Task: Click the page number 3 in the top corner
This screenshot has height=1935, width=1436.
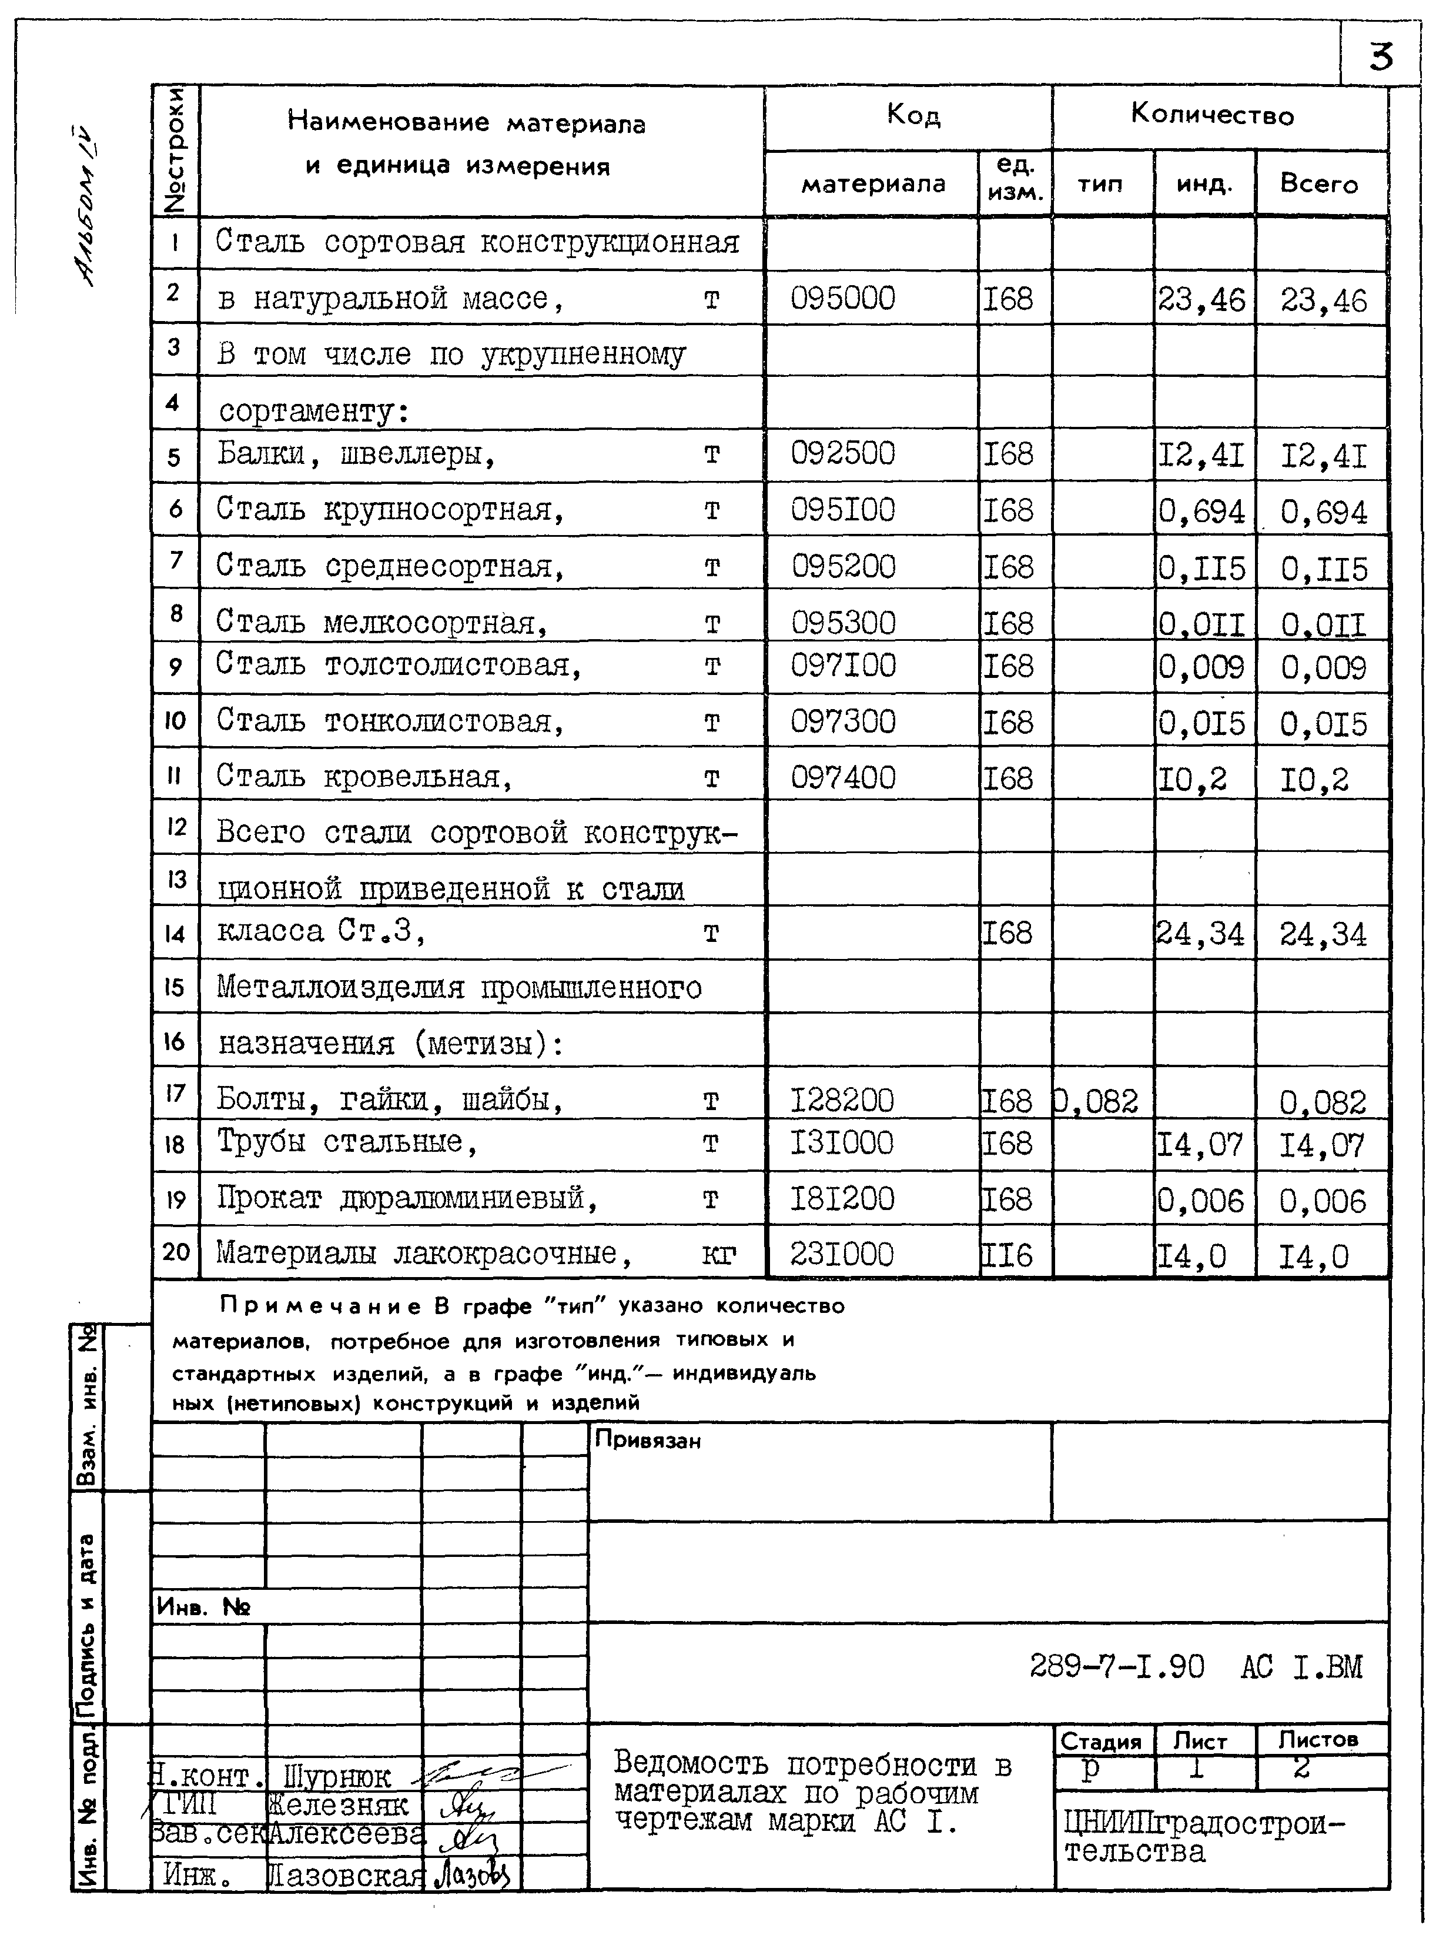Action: (x=1380, y=56)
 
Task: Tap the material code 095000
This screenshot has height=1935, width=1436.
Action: (x=842, y=298)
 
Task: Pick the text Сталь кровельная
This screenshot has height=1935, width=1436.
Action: (x=363, y=776)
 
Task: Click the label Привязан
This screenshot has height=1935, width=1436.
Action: (x=648, y=1441)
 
